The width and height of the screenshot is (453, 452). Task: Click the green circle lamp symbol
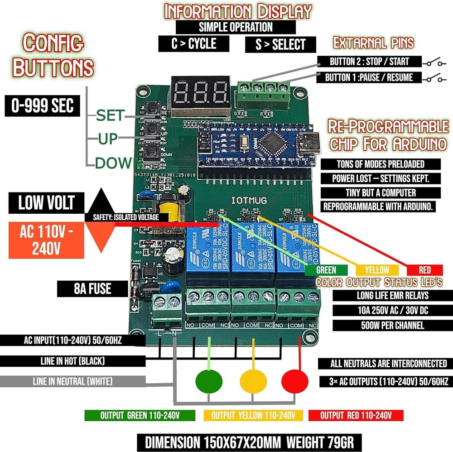[x=209, y=380]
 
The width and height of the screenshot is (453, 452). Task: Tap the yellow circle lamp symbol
[x=253, y=380]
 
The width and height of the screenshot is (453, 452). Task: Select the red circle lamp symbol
[x=295, y=380]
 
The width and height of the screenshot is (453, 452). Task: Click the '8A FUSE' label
[x=92, y=289]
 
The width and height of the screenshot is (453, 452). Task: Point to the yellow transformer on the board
[x=164, y=212]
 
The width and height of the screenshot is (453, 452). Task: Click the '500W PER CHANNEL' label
[x=386, y=325]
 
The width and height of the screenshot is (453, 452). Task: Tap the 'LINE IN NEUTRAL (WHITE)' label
[x=73, y=381]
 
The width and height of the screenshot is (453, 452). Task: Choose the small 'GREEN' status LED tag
[x=326, y=270]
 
